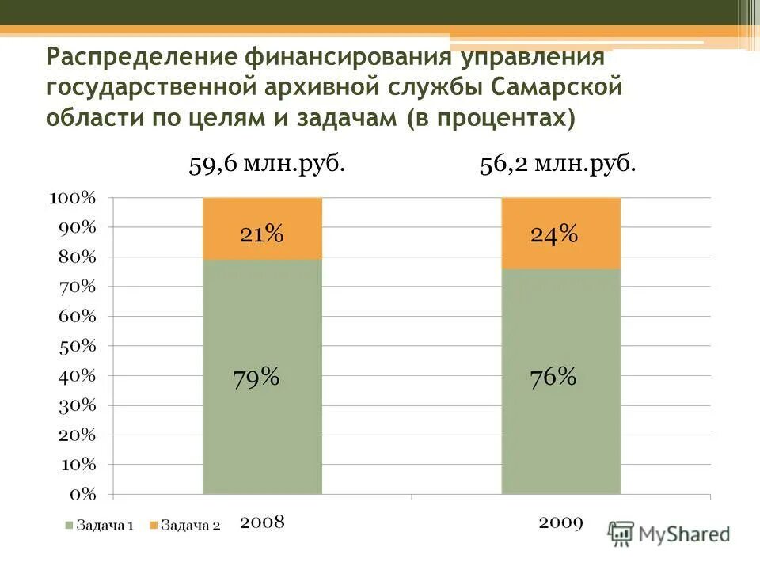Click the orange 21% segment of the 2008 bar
pos(262,229)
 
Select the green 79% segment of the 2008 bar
pos(262,377)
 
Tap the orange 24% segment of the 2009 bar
pos(560,234)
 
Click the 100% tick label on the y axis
pos(73,198)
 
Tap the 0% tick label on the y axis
pos(82,494)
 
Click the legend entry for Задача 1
pos(99,525)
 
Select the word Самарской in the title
pos(558,87)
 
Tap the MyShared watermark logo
pos(669,534)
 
